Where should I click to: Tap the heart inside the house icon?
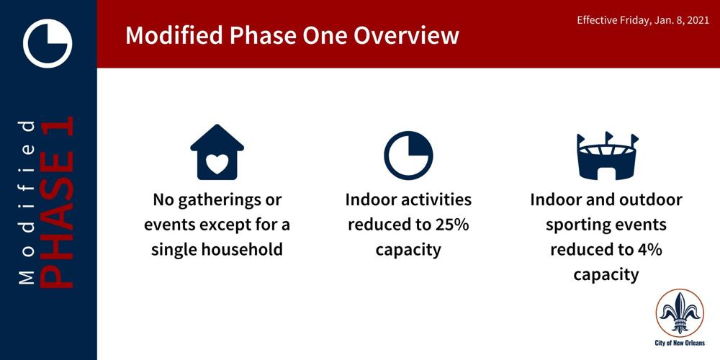[217, 165]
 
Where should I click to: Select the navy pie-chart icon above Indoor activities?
[408, 156]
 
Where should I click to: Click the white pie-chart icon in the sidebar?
[48, 43]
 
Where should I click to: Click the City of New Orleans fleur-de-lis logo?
[680, 312]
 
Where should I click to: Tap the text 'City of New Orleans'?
[680, 343]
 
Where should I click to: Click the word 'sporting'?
[570, 224]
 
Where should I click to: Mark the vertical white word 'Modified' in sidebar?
[27, 201]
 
